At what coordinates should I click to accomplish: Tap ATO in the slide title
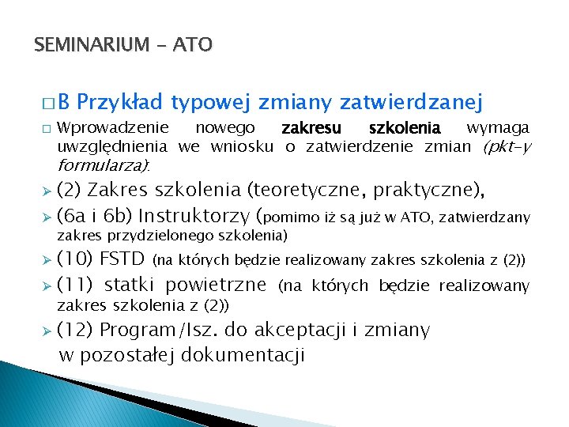tap(193, 45)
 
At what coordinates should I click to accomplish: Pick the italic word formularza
tap(102, 166)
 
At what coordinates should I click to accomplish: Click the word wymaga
tap(498, 128)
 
